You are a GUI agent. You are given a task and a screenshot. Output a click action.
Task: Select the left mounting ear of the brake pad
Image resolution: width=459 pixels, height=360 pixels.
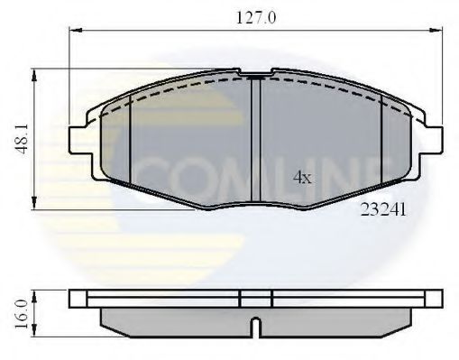pos(79,139)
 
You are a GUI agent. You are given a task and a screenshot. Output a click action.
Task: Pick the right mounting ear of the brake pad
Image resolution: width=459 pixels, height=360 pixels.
pos(436,139)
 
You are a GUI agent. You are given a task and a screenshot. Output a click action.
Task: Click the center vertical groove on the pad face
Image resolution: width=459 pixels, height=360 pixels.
pos(259,135)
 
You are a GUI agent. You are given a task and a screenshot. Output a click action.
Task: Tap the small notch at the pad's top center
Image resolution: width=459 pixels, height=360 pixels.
pos(259,74)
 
